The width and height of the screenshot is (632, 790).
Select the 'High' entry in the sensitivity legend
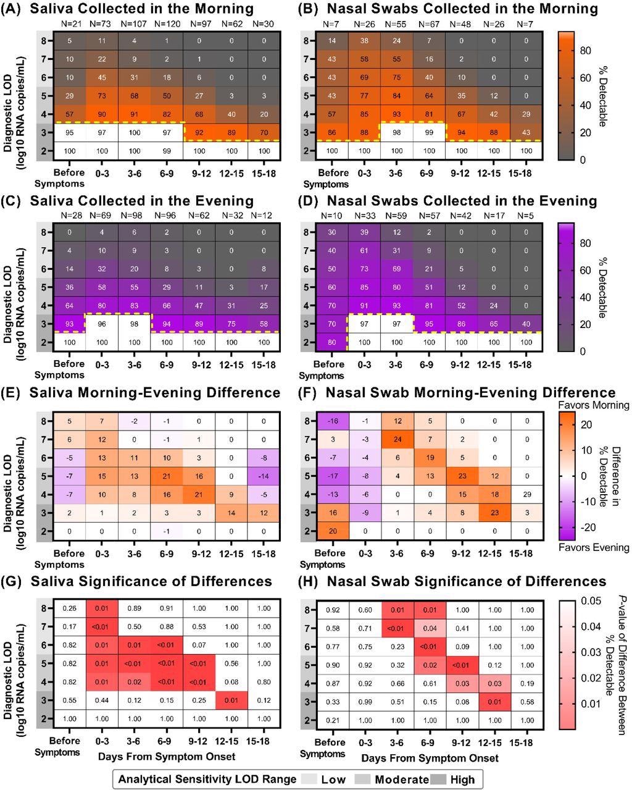(462, 779)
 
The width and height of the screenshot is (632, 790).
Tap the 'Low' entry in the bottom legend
(333, 779)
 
